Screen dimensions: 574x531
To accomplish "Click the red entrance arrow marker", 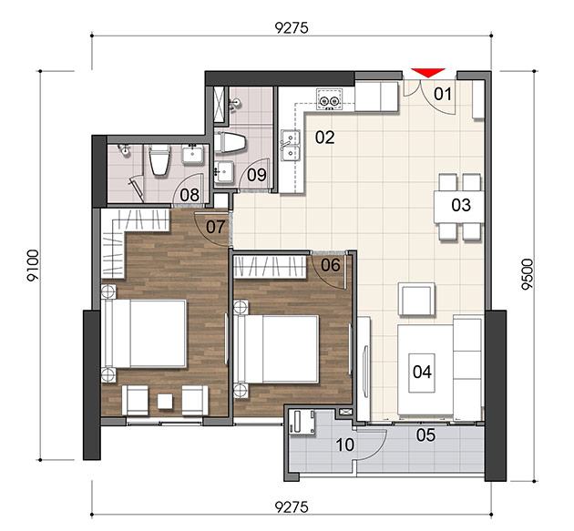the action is pyautogui.click(x=428, y=73).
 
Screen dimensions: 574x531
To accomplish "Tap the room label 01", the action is pyautogui.click(x=443, y=95).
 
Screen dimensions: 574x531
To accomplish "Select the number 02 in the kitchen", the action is pyautogui.click(x=325, y=138).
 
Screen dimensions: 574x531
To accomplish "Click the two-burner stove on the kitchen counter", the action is pyautogui.click(x=330, y=98).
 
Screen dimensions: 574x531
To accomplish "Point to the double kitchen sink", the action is pyautogui.click(x=291, y=146).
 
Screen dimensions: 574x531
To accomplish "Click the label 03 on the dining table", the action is pyautogui.click(x=461, y=205).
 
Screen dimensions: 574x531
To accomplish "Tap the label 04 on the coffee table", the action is pyautogui.click(x=422, y=373).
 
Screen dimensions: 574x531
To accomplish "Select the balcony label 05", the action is pyautogui.click(x=425, y=435).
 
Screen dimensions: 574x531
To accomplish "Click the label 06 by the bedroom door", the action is pyautogui.click(x=330, y=265).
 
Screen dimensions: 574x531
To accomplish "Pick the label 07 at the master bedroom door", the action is pyautogui.click(x=215, y=228).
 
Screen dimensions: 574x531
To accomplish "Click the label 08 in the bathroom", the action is pyautogui.click(x=190, y=196).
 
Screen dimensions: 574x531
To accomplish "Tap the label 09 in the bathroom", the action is pyautogui.click(x=257, y=175).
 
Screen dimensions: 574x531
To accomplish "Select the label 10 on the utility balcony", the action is pyautogui.click(x=344, y=445).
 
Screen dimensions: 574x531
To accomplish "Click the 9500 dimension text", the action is pyautogui.click(x=528, y=274).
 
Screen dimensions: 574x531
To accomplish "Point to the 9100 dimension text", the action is pyautogui.click(x=33, y=265).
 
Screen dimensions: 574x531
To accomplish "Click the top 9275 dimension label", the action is pyautogui.click(x=292, y=28).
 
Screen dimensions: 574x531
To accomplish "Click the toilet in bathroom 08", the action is pyautogui.click(x=159, y=160).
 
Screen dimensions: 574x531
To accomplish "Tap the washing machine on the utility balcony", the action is pyautogui.click(x=302, y=422).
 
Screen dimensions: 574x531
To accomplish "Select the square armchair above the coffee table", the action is pyautogui.click(x=417, y=299).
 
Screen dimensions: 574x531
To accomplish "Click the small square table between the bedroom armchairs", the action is pyautogui.click(x=165, y=401).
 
